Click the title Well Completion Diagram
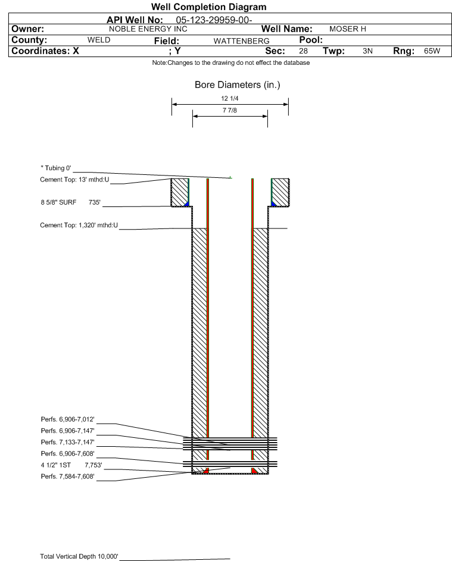(208, 7)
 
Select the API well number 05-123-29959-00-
(214, 20)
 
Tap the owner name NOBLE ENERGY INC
(148, 29)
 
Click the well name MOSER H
(347, 29)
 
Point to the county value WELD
(99, 40)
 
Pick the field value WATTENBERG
(241, 41)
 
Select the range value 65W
(432, 51)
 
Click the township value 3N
(367, 51)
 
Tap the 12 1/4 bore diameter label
(230, 98)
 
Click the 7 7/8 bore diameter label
(230, 110)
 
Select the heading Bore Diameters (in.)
(237, 85)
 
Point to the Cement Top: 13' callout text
(74, 180)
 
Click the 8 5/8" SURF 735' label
(70, 202)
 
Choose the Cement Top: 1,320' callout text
(79, 225)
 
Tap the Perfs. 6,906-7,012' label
(68, 419)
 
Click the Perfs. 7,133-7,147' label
(68, 442)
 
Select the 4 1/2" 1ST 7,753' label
(71, 465)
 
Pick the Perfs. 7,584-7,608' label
(68, 477)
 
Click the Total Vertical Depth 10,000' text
(79, 556)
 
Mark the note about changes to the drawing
(230, 62)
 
